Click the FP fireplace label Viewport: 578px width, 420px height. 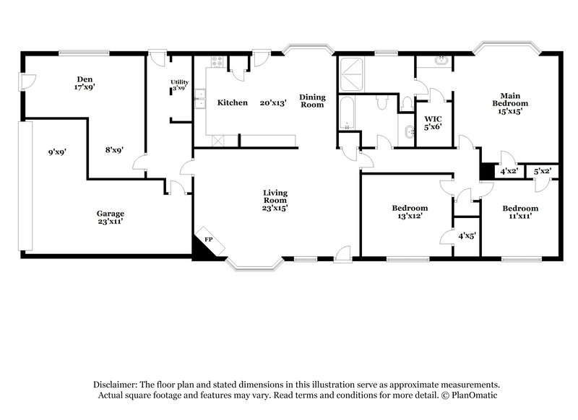208,239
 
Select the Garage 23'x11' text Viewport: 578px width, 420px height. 111,218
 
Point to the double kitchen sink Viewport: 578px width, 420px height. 200,102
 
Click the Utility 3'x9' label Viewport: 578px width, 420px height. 178,85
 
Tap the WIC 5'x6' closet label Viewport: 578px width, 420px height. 433,122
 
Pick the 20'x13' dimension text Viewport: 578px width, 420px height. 274,103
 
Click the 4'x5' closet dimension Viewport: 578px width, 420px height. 467,235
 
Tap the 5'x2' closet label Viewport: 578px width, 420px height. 543,172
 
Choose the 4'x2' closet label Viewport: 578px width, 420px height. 509,172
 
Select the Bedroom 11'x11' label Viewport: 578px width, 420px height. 520,212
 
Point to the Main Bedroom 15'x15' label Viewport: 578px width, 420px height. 506,102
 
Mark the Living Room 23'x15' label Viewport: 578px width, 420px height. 276,199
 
